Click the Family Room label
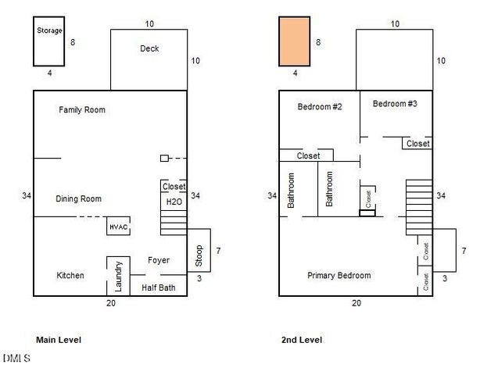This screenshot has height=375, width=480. click(82, 110)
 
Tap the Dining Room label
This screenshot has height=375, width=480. click(79, 198)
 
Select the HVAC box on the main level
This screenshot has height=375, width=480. click(119, 226)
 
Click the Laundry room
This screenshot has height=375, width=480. click(119, 277)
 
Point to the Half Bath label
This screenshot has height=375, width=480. click(159, 287)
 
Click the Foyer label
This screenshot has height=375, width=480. click(159, 260)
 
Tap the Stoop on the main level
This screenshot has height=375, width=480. click(199, 250)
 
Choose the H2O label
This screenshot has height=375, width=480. click(174, 202)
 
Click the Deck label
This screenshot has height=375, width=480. click(149, 48)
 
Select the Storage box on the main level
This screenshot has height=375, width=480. click(49, 41)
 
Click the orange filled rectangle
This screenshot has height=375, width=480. click(295, 41)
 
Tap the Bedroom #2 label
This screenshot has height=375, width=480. click(320, 107)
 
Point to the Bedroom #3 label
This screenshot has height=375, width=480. click(395, 104)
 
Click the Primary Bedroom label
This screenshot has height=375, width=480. click(339, 275)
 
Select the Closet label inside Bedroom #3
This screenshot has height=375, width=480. click(418, 144)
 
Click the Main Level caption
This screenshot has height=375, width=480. click(59, 340)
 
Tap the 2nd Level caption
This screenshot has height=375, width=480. click(302, 340)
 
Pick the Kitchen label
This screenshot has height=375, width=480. click(70, 275)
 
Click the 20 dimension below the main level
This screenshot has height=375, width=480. click(111, 303)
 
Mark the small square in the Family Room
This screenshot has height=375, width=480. click(164, 158)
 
